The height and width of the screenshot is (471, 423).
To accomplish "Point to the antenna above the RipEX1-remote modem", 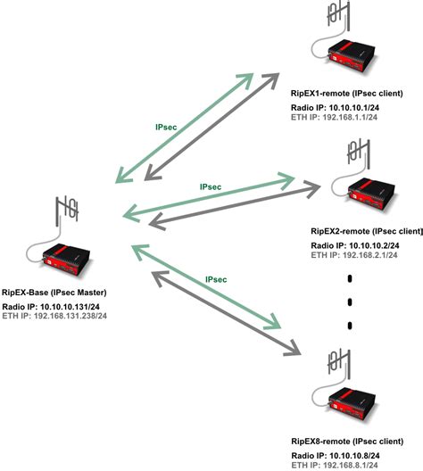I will click(x=336, y=16).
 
